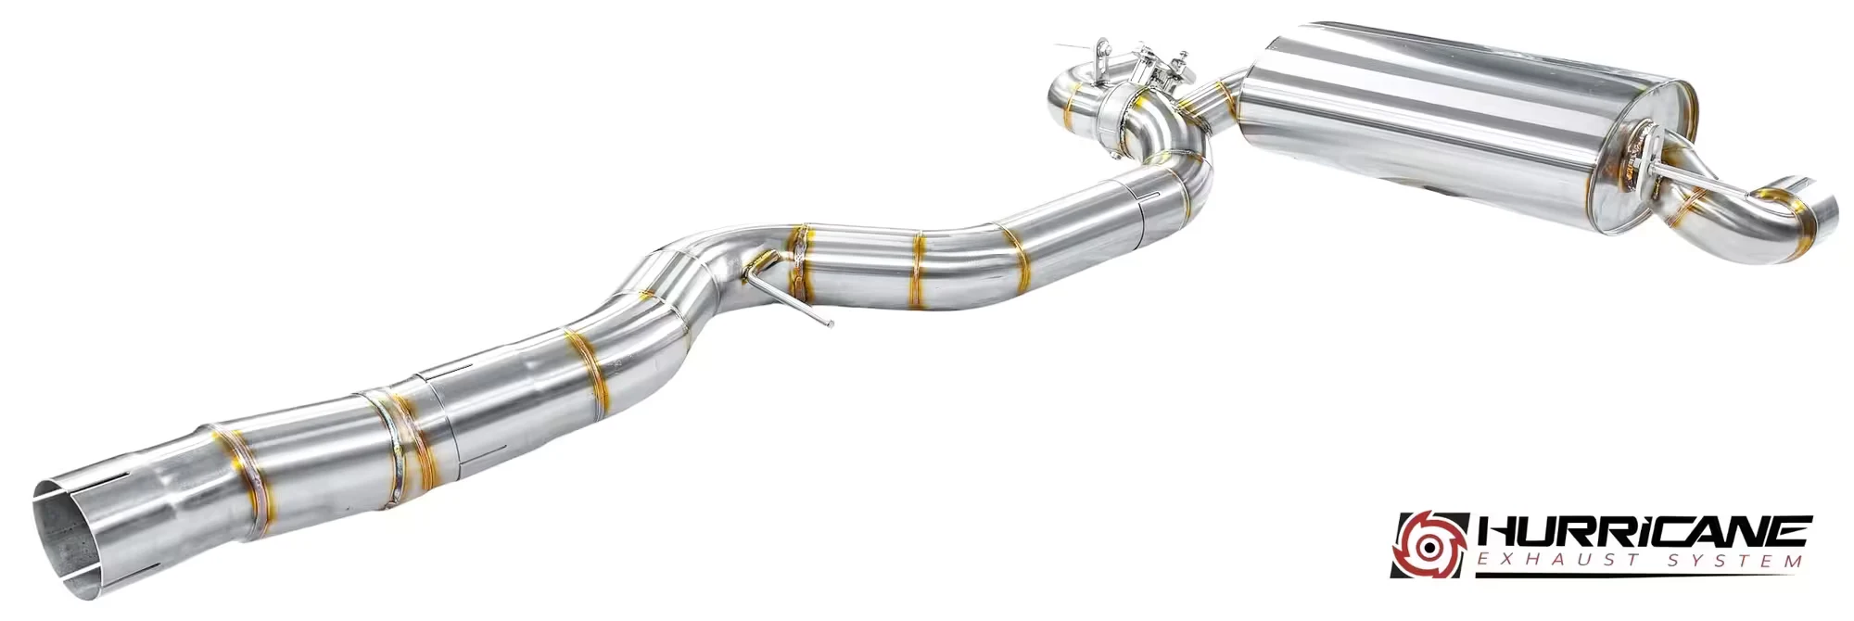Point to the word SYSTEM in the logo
pyautogui.click(x=1733, y=562)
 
